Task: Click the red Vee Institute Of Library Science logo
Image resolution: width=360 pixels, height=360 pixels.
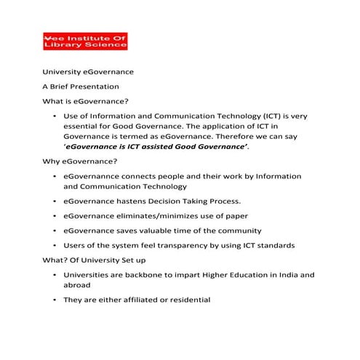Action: [85, 41]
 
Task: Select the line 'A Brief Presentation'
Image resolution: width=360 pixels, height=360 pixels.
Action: [80, 87]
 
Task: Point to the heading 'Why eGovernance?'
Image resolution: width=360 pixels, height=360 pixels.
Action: [80, 161]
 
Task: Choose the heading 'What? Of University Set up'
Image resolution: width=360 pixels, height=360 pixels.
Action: [95, 260]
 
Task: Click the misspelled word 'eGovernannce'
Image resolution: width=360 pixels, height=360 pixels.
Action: [95, 176]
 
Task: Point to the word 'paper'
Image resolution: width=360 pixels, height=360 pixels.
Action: [236, 216]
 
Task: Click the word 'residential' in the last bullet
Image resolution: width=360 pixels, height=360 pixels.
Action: [186, 300]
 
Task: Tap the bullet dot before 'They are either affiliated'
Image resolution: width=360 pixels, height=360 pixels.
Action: [55, 300]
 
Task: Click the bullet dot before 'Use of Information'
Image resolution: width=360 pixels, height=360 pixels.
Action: [55, 116]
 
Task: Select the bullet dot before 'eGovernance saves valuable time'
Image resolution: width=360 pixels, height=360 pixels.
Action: [55, 231]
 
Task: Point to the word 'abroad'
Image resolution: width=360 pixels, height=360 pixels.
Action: [77, 286]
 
